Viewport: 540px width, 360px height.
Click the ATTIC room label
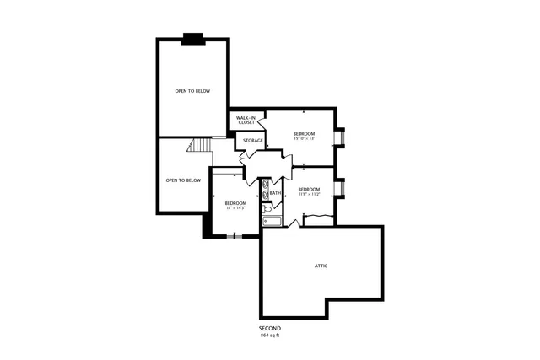point(321,266)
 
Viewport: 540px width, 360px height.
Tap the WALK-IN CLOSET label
point(246,121)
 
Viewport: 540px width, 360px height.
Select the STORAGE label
point(253,140)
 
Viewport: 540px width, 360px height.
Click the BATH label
point(276,193)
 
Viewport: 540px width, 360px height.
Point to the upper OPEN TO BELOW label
point(192,90)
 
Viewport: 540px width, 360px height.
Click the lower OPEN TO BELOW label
point(183,180)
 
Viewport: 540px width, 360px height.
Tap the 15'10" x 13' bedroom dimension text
point(304,139)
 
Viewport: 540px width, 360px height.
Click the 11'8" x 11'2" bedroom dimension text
point(309,194)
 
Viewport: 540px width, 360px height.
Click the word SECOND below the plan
point(270,328)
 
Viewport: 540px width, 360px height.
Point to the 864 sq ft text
point(270,336)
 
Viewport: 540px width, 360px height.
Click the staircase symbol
point(198,148)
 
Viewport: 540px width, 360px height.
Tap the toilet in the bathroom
point(266,223)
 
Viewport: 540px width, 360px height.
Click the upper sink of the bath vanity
point(265,183)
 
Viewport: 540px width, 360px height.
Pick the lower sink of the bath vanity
point(265,196)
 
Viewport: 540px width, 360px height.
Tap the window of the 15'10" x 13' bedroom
point(340,137)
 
